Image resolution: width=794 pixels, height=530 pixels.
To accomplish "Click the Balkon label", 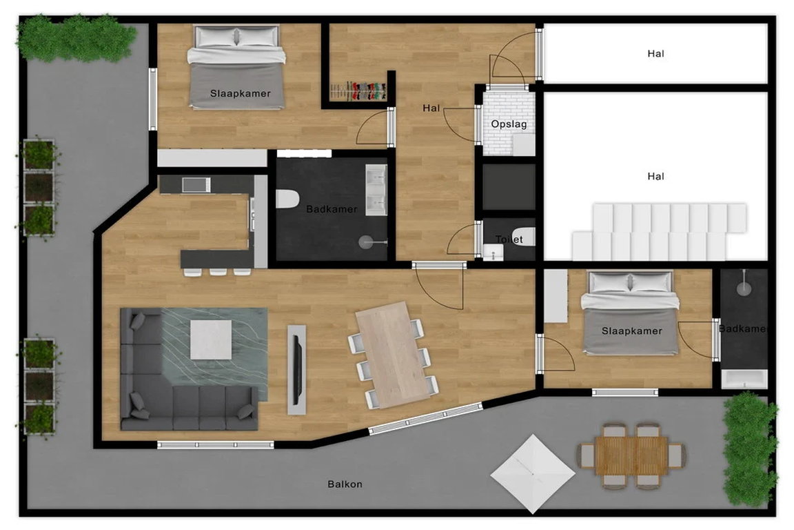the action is click(345, 484).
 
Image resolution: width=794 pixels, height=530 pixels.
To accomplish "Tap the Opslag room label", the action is click(509, 124).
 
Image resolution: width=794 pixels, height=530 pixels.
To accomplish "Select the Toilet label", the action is click(509, 239).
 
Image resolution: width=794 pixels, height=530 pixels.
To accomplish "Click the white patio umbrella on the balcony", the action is click(533, 473).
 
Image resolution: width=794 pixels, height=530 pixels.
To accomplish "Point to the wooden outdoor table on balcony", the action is click(632, 455).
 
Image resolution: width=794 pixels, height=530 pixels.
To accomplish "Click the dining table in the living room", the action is click(392, 355).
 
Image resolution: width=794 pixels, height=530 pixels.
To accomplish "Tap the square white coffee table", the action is click(211, 340).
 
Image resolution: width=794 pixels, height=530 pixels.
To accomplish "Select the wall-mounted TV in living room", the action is click(298, 370).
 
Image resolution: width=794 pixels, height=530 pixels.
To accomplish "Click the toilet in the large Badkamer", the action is click(287, 199).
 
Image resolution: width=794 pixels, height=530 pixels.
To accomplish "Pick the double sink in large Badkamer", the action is click(376, 190).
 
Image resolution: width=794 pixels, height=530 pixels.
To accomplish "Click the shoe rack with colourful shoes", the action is click(358, 91).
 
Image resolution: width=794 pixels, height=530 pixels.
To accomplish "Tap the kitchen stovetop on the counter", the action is click(196, 185).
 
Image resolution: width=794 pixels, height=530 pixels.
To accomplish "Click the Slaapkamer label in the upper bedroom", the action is click(241, 93).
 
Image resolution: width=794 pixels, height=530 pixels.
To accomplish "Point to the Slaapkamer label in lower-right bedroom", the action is click(632, 331).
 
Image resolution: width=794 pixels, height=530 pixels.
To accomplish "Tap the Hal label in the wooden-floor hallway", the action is click(431, 108).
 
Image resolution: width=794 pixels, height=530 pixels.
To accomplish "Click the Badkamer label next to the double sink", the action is click(332, 209).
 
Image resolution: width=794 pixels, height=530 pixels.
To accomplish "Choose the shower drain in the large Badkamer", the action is click(366, 242).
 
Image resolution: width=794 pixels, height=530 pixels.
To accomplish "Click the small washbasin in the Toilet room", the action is click(492, 252).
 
